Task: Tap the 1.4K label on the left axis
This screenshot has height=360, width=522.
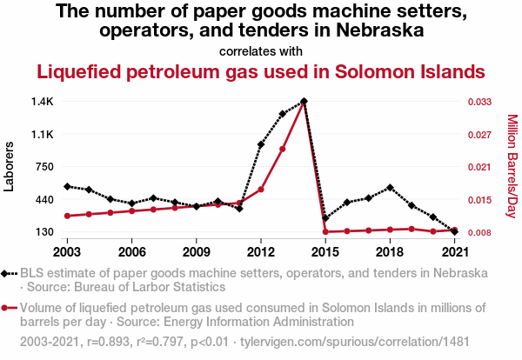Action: pos(42,102)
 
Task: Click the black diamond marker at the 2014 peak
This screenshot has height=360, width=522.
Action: pos(304,101)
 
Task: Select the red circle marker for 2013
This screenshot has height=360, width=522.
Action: pos(283,149)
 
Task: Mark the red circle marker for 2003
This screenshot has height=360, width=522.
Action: pos(68,216)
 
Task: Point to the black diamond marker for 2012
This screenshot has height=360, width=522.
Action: pos(261,144)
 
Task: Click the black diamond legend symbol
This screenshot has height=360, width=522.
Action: pos(9,273)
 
